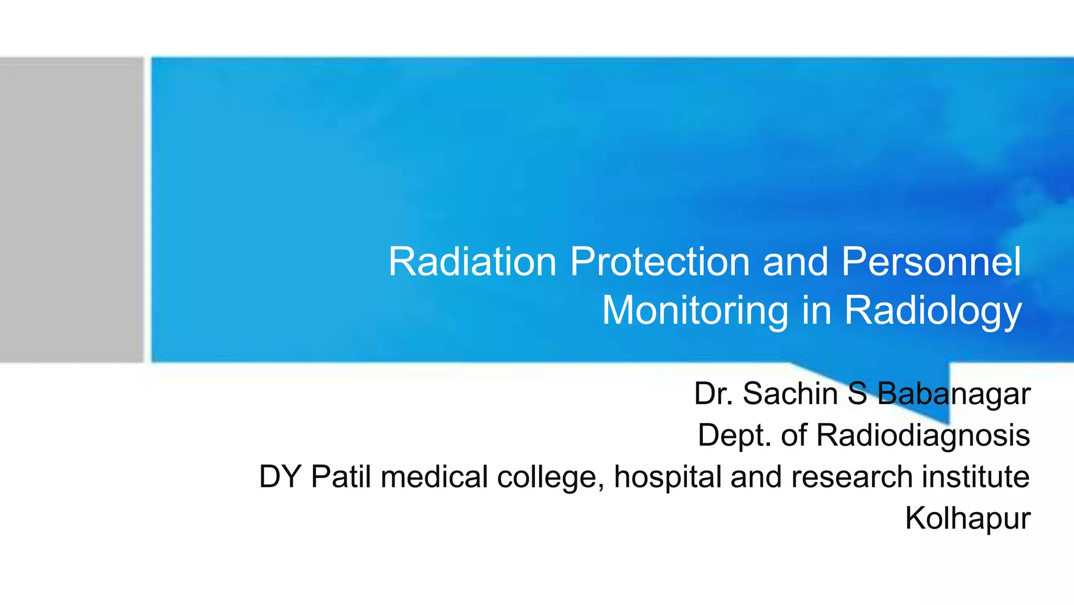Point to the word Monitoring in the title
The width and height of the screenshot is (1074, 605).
(x=695, y=311)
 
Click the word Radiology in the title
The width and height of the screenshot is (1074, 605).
(x=933, y=311)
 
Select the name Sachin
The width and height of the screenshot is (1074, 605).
(x=790, y=394)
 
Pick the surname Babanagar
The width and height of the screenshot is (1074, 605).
(x=953, y=394)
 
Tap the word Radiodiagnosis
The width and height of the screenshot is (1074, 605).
(x=923, y=436)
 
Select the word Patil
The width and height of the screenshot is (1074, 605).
(x=341, y=477)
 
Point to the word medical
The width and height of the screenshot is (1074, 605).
(x=434, y=477)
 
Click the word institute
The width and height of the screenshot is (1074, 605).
(x=975, y=477)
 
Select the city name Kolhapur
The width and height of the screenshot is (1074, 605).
(x=968, y=518)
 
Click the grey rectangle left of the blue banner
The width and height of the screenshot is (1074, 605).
(x=71, y=210)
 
